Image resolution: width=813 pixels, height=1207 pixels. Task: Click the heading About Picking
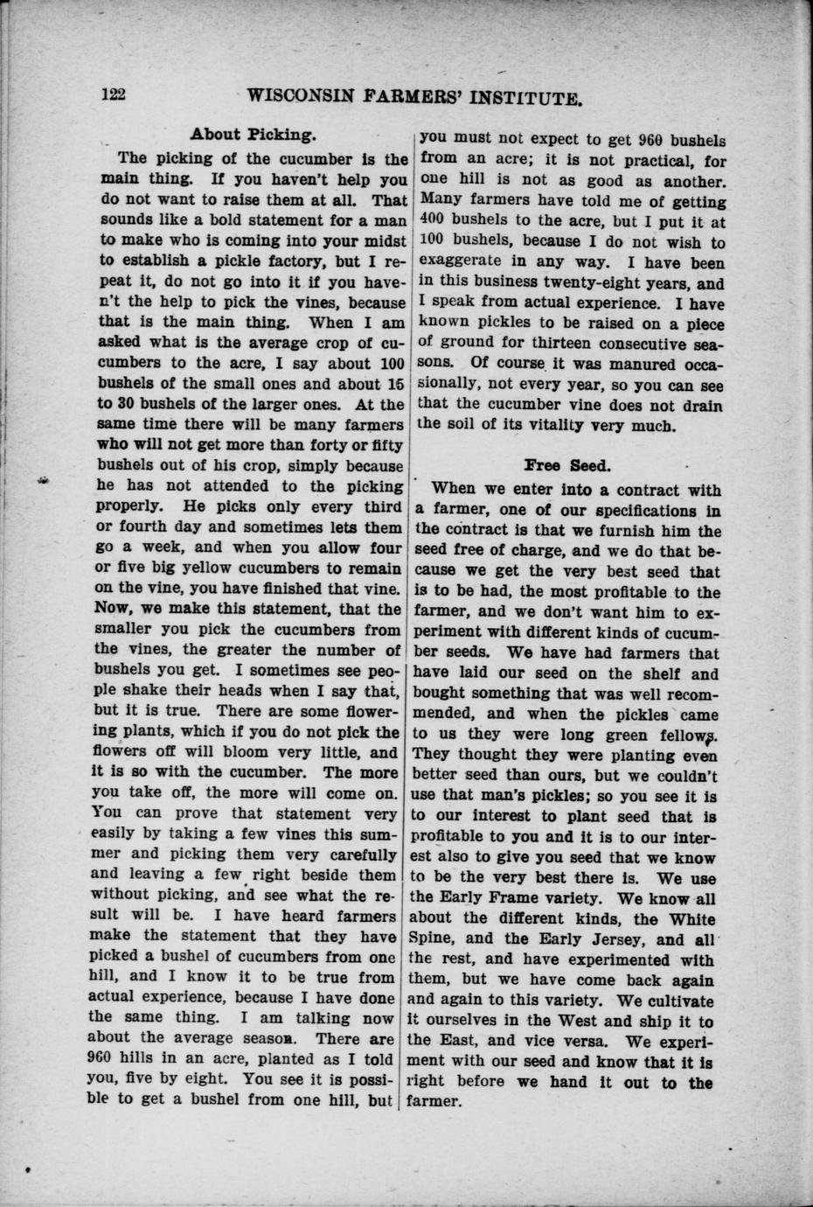tap(253, 136)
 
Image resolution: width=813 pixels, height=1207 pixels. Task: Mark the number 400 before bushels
tap(434, 222)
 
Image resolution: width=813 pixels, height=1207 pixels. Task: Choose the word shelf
tap(698, 674)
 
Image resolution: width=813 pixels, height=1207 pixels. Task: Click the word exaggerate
tap(461, 262)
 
